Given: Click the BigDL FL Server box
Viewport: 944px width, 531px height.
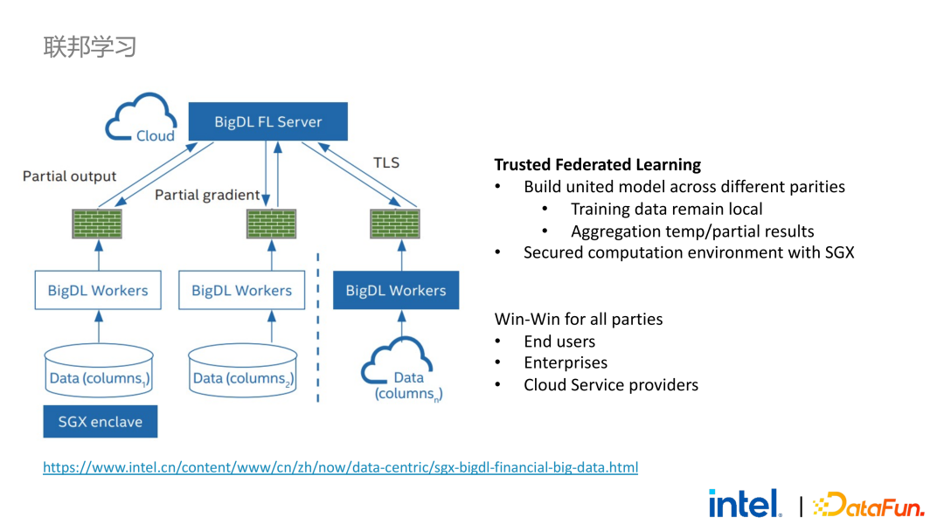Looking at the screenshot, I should click(x=267, y=121).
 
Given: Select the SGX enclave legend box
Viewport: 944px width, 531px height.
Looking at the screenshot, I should click(x=100, y=422).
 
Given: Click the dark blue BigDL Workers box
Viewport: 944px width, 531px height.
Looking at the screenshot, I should click(x=395, y=291).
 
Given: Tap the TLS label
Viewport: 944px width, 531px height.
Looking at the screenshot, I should click(x=385, y=162).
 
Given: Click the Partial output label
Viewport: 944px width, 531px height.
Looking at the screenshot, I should click(x=69, y=176).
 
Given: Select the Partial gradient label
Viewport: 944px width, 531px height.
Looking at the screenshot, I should click(x=207, y=195).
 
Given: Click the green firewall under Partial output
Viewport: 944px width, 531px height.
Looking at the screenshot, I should click(x=98, y=224).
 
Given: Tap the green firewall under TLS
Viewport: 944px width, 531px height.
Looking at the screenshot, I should click(x=395, y=224).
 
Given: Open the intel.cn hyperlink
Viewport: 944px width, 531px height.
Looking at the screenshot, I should click(x=340, y=467).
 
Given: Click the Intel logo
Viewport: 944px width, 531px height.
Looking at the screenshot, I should click(x=745, y=503).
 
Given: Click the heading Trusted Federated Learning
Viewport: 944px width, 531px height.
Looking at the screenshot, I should click(x=597, y=164).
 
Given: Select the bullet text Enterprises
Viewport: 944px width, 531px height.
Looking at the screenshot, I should click(x=565, y=362).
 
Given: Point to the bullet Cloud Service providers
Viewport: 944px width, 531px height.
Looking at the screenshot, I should click(x=610, y=384).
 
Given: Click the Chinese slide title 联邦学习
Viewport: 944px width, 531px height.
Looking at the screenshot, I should click(x=90, y=46).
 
